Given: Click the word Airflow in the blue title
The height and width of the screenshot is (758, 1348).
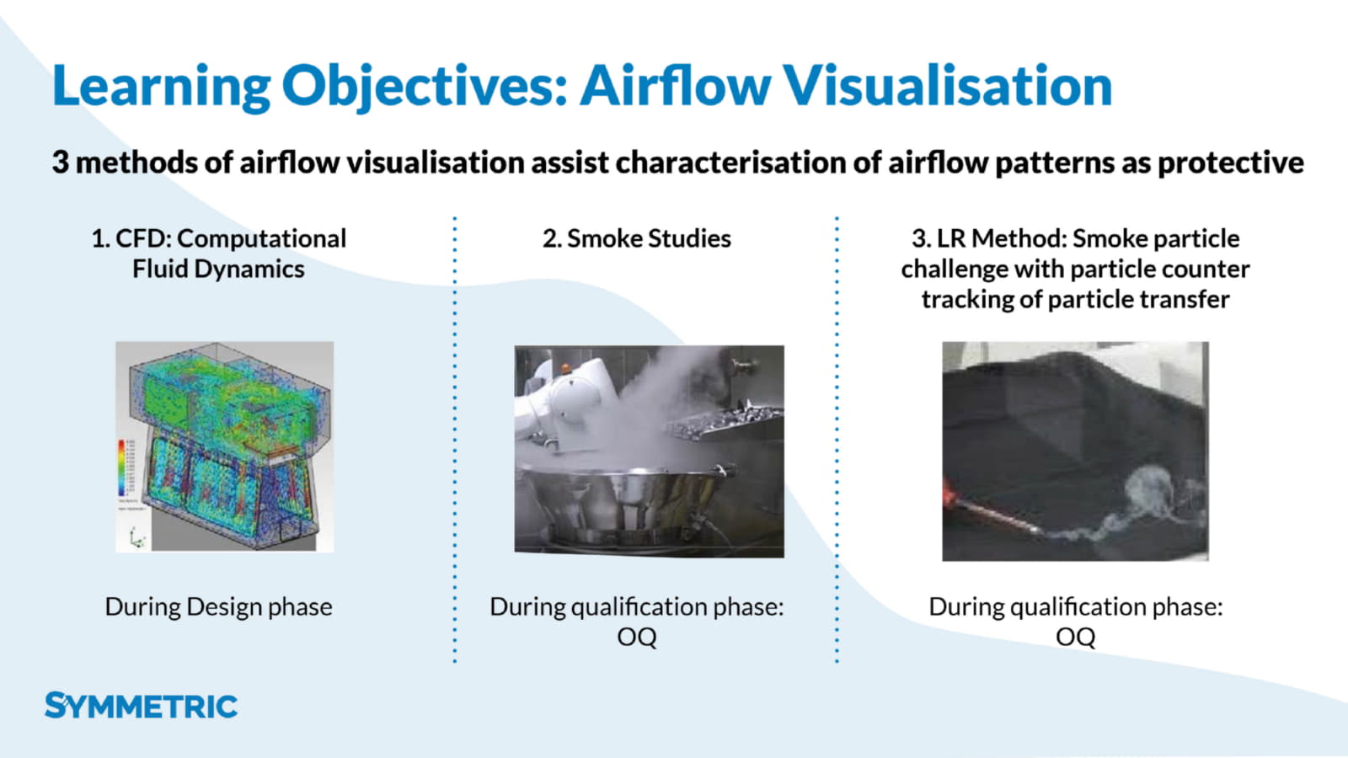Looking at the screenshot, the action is (675, 85).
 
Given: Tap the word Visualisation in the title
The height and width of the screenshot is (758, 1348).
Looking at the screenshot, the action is (948, 85).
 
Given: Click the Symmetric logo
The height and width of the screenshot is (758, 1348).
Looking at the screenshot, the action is (142, 706).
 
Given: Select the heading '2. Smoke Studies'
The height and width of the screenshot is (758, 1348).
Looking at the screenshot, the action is (637, 239).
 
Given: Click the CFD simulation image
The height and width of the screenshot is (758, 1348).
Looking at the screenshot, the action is (224, 446).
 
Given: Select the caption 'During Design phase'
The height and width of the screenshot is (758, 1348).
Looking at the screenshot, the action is (218, 606).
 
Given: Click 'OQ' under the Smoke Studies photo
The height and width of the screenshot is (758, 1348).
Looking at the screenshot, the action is (637, 637).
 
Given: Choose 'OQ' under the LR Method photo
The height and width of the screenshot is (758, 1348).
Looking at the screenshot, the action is (1075, 637).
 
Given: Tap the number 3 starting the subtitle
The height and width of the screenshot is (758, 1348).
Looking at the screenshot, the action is (60, 163).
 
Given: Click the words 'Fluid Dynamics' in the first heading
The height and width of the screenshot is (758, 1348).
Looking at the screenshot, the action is (218, 269).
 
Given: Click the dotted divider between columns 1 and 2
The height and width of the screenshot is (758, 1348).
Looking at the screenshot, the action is (455, 440).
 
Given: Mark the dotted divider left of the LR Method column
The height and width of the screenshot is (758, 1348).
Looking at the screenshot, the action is (837, 440).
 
